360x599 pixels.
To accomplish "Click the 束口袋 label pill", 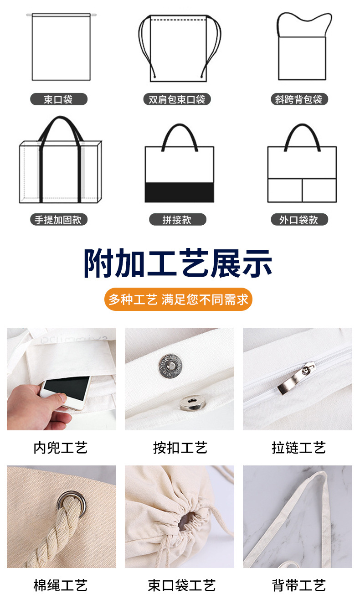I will tap(58, 99).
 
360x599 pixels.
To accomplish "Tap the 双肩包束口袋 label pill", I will tap(177, 99).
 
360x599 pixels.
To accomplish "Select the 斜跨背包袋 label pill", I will tap(298, 99).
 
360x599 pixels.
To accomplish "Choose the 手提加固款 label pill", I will tap(58, 220).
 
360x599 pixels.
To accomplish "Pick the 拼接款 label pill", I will tap(177, 220).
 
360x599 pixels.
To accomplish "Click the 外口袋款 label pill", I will tap(298, 220).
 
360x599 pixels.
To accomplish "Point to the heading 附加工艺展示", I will tap(178, 264).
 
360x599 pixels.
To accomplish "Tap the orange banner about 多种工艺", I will tap(178, 299).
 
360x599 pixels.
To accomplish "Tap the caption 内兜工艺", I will tap(61, 448).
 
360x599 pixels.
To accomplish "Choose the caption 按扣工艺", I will tap(180, 448).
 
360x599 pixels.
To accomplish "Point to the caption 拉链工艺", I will tap(298, 448).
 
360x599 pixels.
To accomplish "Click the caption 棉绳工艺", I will tap(61, 585).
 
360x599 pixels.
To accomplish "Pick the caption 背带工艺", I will tap(298, 585).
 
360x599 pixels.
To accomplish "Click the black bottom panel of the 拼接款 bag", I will tap(179, 192).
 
